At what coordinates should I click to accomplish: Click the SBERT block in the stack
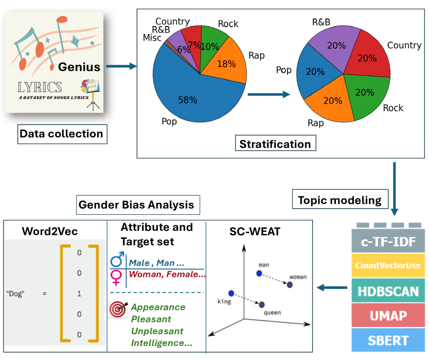(387, 340)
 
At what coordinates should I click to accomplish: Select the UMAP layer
(387, 316)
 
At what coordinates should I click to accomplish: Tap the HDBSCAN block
(387, 291)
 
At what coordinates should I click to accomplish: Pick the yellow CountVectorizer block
(387, 266)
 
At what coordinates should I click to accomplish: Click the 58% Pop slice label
(188, 100)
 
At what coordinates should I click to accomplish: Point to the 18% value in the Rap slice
(227, 64)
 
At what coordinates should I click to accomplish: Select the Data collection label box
(61, 134)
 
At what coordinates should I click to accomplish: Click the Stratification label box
(275, 144)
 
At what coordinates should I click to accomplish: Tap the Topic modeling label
(339, 200)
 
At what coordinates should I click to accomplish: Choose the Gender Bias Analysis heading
(136, 205)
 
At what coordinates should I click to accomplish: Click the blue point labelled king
(231, 293)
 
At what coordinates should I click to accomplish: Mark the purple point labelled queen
(262, 304)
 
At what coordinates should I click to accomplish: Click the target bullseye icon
(119, 309)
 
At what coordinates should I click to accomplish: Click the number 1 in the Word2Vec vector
(79, 293)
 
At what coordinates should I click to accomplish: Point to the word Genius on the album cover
(79, 67)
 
